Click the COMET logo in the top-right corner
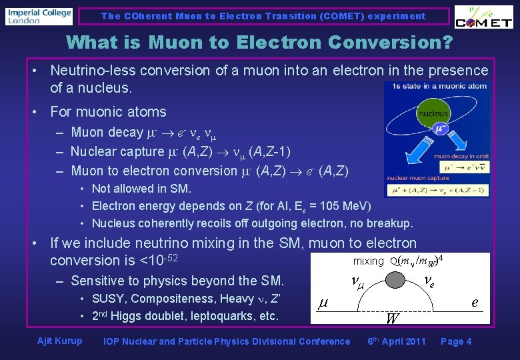point(483,18)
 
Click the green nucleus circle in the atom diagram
point(433,114)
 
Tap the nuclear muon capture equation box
point(437,191)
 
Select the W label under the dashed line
point(393,319)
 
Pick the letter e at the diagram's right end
point(475,302)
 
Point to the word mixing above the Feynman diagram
point(368,261)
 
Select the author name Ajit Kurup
point(60,341)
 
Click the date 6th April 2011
point(396,341)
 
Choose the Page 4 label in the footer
point(456,341)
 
